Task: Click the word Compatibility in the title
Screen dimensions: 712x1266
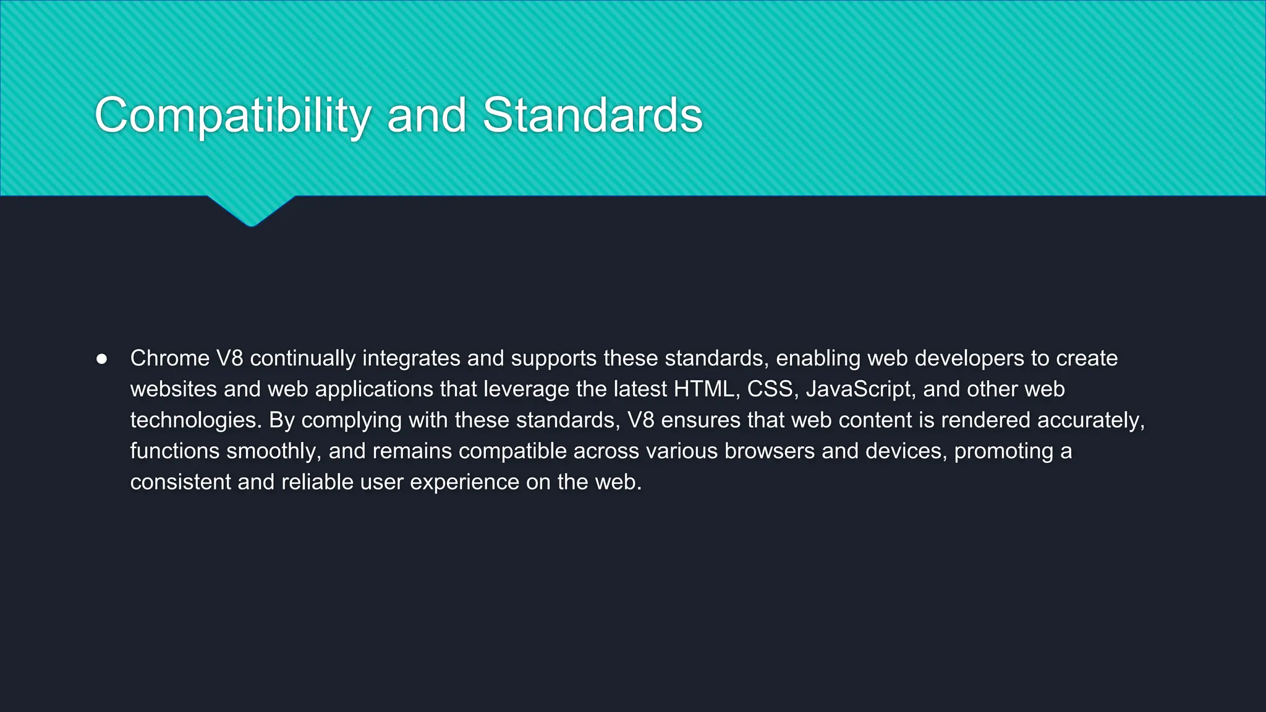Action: (x=232, y=116)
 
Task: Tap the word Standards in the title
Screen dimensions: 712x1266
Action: (x=592, y=116)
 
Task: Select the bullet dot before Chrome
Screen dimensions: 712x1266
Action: (x=102, y=359)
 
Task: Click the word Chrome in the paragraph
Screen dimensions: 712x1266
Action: (x=170, y=358)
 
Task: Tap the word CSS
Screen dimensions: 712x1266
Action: (x=770, y=389)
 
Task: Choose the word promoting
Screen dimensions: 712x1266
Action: (x=1003, y=451)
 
